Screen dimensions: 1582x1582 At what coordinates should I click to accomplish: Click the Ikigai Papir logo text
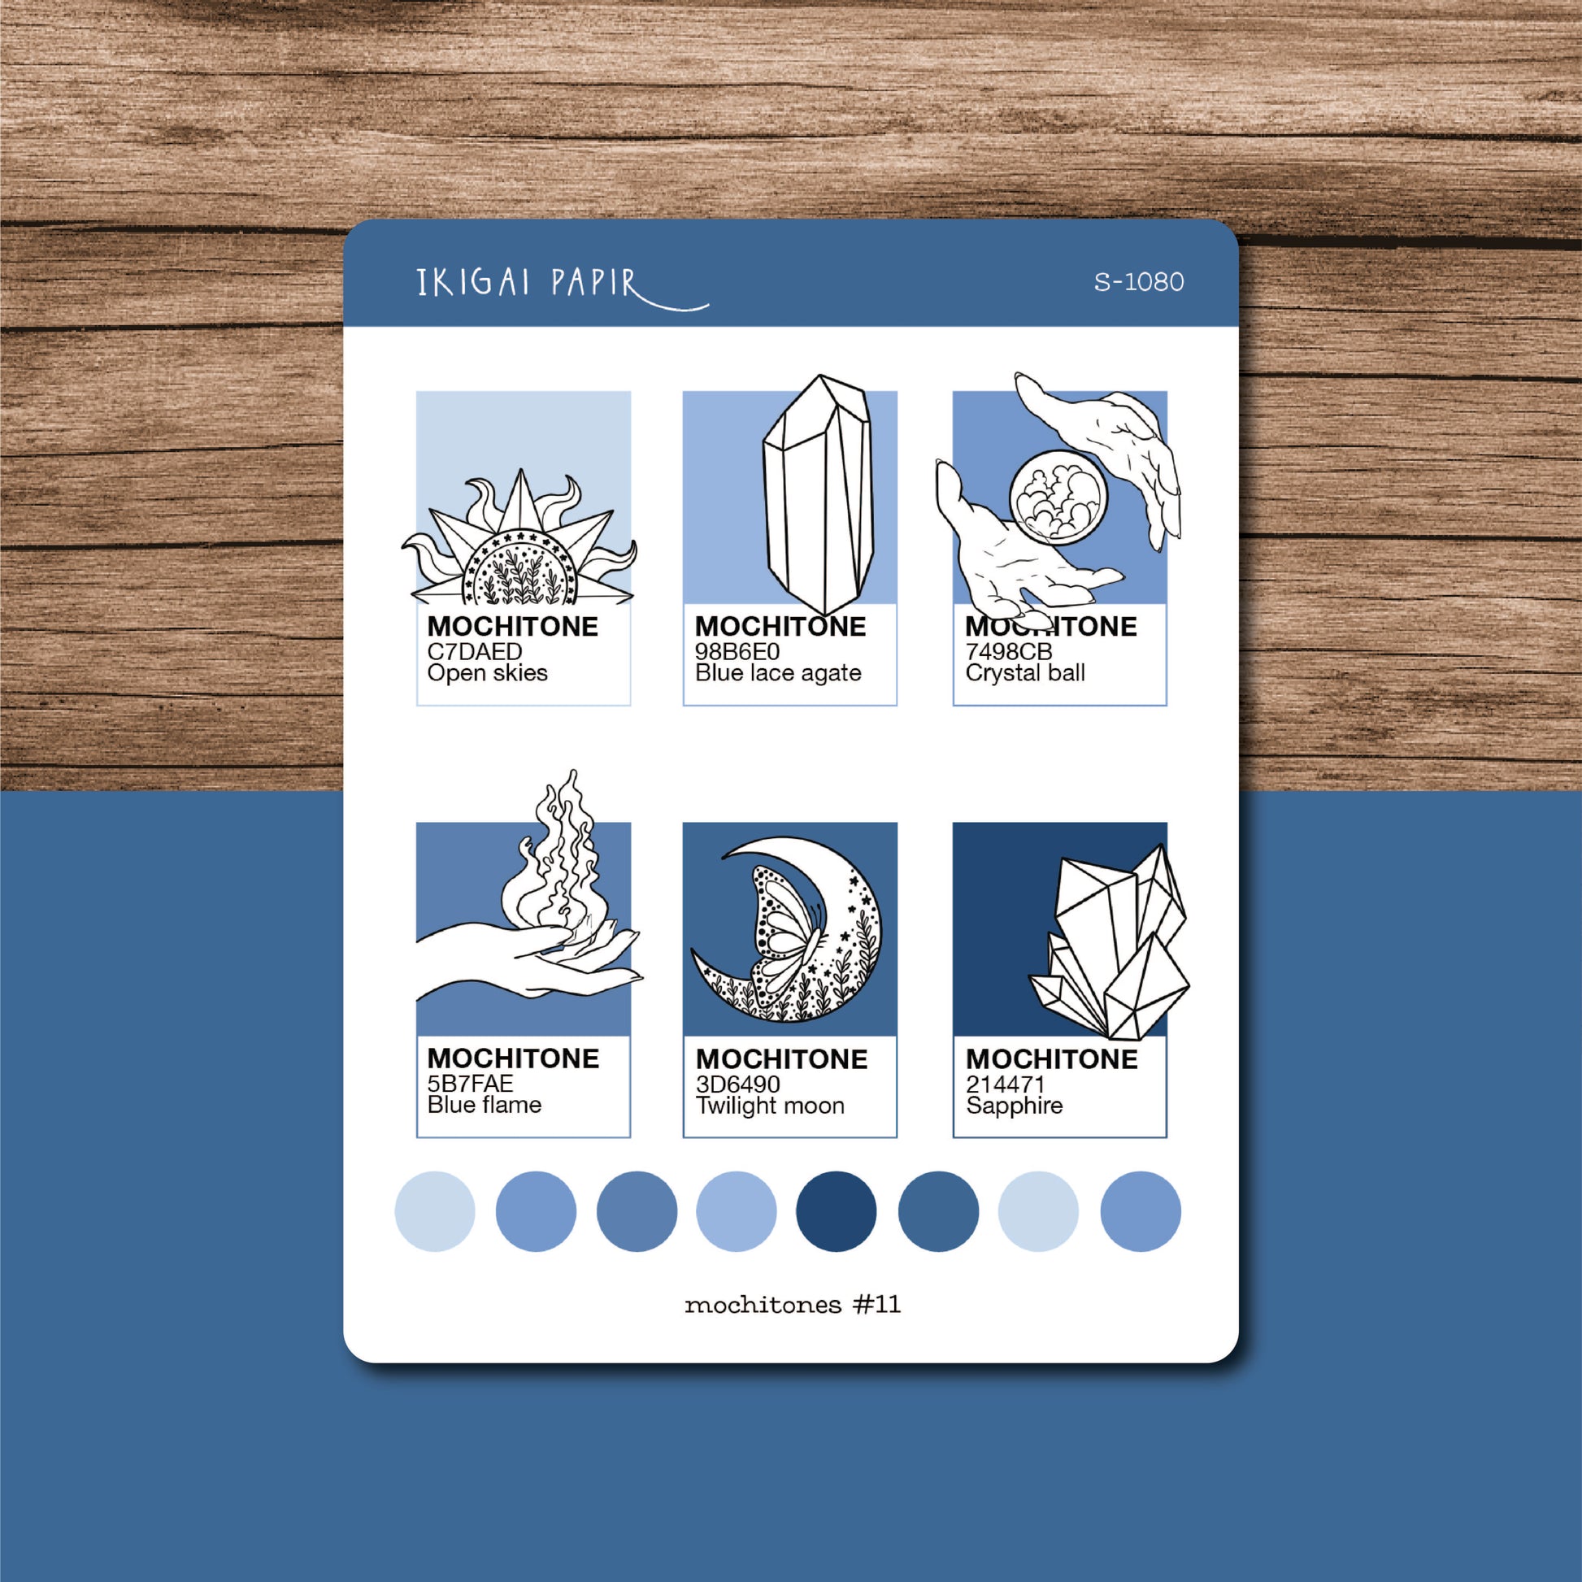[562, 287]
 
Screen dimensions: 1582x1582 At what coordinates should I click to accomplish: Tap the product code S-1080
[1139, 281]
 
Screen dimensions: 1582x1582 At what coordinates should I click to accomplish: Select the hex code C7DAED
[475, 652]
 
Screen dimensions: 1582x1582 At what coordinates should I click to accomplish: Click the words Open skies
[487, 673]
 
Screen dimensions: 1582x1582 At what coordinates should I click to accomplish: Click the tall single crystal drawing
[817, 494]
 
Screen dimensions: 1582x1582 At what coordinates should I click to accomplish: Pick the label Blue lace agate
[778, 673]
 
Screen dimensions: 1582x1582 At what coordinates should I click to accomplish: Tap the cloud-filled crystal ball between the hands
[1058, 498]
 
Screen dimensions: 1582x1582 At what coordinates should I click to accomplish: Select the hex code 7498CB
[1009, 652]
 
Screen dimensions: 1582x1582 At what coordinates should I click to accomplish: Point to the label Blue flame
[484, 1106]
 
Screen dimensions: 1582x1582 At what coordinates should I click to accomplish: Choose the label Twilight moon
[770, 1106]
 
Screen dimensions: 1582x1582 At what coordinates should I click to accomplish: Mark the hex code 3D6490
[738, 1084]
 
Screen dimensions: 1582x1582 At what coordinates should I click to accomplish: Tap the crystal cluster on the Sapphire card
[1110, 942]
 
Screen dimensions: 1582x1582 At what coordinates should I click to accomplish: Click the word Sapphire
[1015, 1106]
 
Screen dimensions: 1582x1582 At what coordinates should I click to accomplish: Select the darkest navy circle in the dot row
[836, 1211]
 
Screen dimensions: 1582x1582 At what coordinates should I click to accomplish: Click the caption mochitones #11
[793, 1305]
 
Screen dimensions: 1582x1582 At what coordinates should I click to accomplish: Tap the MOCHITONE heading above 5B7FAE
[513, 1058]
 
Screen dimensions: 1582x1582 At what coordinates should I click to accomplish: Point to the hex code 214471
[1006, 1084]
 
